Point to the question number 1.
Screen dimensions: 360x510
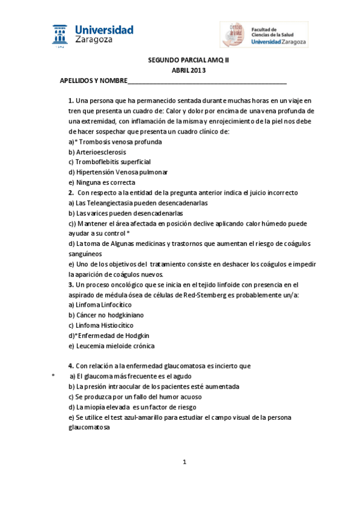(71, 101)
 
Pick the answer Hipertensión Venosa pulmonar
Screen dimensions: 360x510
(118, 173)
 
